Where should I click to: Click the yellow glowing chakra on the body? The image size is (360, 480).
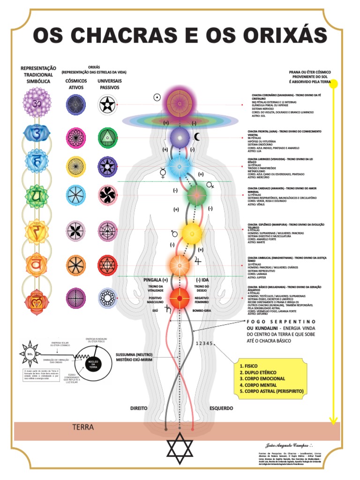[x=192, y=232]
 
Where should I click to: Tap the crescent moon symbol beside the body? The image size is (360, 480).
[x=197, y=137]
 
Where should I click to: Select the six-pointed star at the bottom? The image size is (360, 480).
[x=180, y=448]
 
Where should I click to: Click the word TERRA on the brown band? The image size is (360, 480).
[x=83, y=427]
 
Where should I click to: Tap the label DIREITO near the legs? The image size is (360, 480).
[x=139, y=408]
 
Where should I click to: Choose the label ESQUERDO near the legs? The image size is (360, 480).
[x=221, y=408]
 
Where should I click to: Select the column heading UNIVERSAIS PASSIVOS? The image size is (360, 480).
[x=109, y=84]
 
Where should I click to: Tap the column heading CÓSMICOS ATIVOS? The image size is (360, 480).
[x=75, y=84]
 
